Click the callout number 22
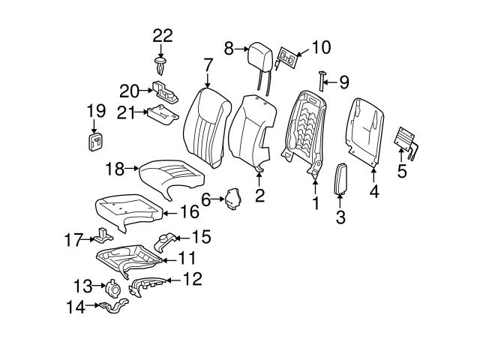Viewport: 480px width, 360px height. click(x=162, y=35)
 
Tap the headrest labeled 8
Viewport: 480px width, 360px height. click(x=262, y=53)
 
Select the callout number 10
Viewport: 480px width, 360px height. click(x=320, y=47)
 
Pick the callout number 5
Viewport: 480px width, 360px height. click(x=402, y=171)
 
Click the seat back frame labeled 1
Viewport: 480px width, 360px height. click(x=304, y=127)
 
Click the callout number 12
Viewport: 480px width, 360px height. click(x=192, y=280)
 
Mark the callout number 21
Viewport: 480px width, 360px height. click(x=130, y=112)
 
